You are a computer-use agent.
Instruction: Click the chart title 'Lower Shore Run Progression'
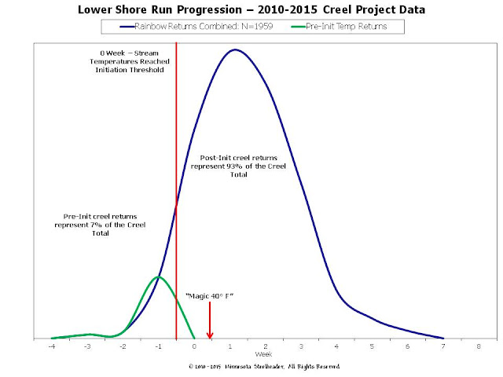160,9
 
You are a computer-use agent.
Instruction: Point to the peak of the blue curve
235,49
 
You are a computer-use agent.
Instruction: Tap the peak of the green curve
159,276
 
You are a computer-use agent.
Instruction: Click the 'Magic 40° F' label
210,296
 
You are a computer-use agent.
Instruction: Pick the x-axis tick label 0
194,346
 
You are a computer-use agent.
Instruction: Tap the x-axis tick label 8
479,346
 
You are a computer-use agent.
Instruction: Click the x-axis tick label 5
372,346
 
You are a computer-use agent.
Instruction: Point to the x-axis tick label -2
123,346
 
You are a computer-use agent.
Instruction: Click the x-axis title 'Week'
264,354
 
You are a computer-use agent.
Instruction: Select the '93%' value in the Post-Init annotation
235,167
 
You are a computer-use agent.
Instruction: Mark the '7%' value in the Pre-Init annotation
96,225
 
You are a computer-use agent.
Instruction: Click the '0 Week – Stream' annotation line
129,53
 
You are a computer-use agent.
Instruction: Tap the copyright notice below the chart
264,367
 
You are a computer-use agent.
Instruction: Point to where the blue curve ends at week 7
443,339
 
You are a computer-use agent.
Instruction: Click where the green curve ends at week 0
194,338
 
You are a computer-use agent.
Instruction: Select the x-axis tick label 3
301,346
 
